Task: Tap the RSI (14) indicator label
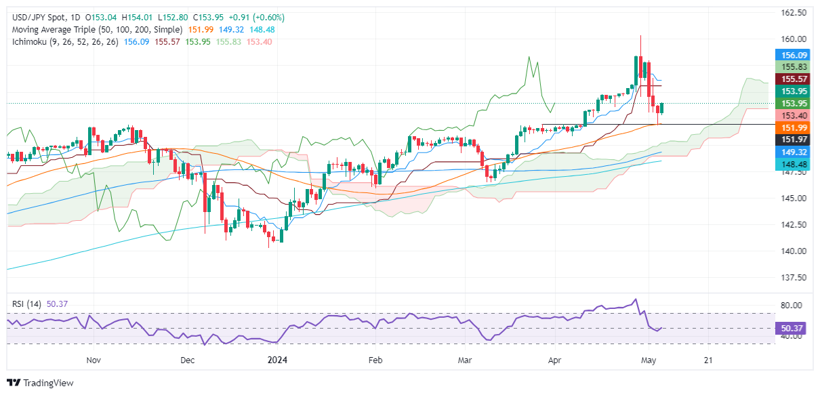click(26, 304)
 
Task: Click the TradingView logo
click(40, 383)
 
